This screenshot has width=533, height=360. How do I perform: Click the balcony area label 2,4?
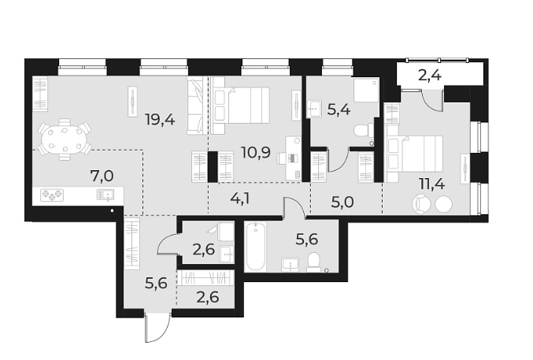pos(429,77)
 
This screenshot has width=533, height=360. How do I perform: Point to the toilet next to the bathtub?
pos(313,262)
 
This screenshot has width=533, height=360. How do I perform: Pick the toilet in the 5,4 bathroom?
pos(363,130)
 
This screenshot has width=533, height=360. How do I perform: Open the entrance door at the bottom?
pos(156,328)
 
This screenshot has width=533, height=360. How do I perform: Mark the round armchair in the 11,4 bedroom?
pos(423,204)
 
